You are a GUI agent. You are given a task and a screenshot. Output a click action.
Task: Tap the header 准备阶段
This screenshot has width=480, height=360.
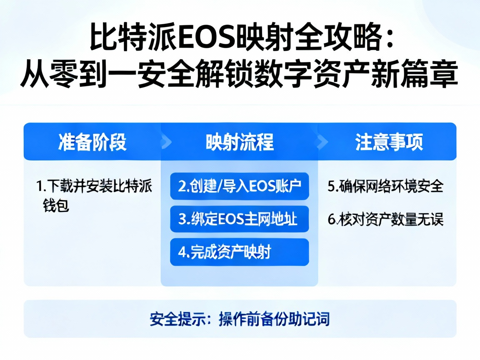coord(92,142)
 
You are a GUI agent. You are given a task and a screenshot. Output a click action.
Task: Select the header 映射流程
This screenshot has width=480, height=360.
coord(240,142)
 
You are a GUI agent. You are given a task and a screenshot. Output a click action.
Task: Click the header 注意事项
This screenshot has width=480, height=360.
coord(389,142)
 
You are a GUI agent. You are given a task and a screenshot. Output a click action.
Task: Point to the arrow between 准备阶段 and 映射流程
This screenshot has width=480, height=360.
coord(167,142)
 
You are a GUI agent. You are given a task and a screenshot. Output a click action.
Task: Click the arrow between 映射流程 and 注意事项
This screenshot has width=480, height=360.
coord(322,142)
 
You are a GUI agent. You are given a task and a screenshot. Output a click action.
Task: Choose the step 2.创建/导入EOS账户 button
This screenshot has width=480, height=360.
coord(240,186)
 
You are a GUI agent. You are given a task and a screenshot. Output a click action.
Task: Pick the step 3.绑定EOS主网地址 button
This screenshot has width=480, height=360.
coord(240,219)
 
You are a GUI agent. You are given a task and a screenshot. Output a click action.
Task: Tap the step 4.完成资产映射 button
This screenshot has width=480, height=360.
coord(240,252)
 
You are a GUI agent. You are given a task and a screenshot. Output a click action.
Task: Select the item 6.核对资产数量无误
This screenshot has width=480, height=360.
coord(385,219)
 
